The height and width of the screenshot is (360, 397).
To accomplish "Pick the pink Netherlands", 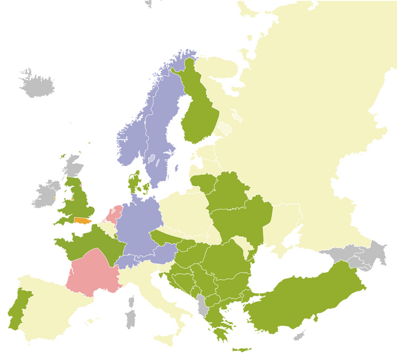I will pyautogui.click(x=114, y=213).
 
